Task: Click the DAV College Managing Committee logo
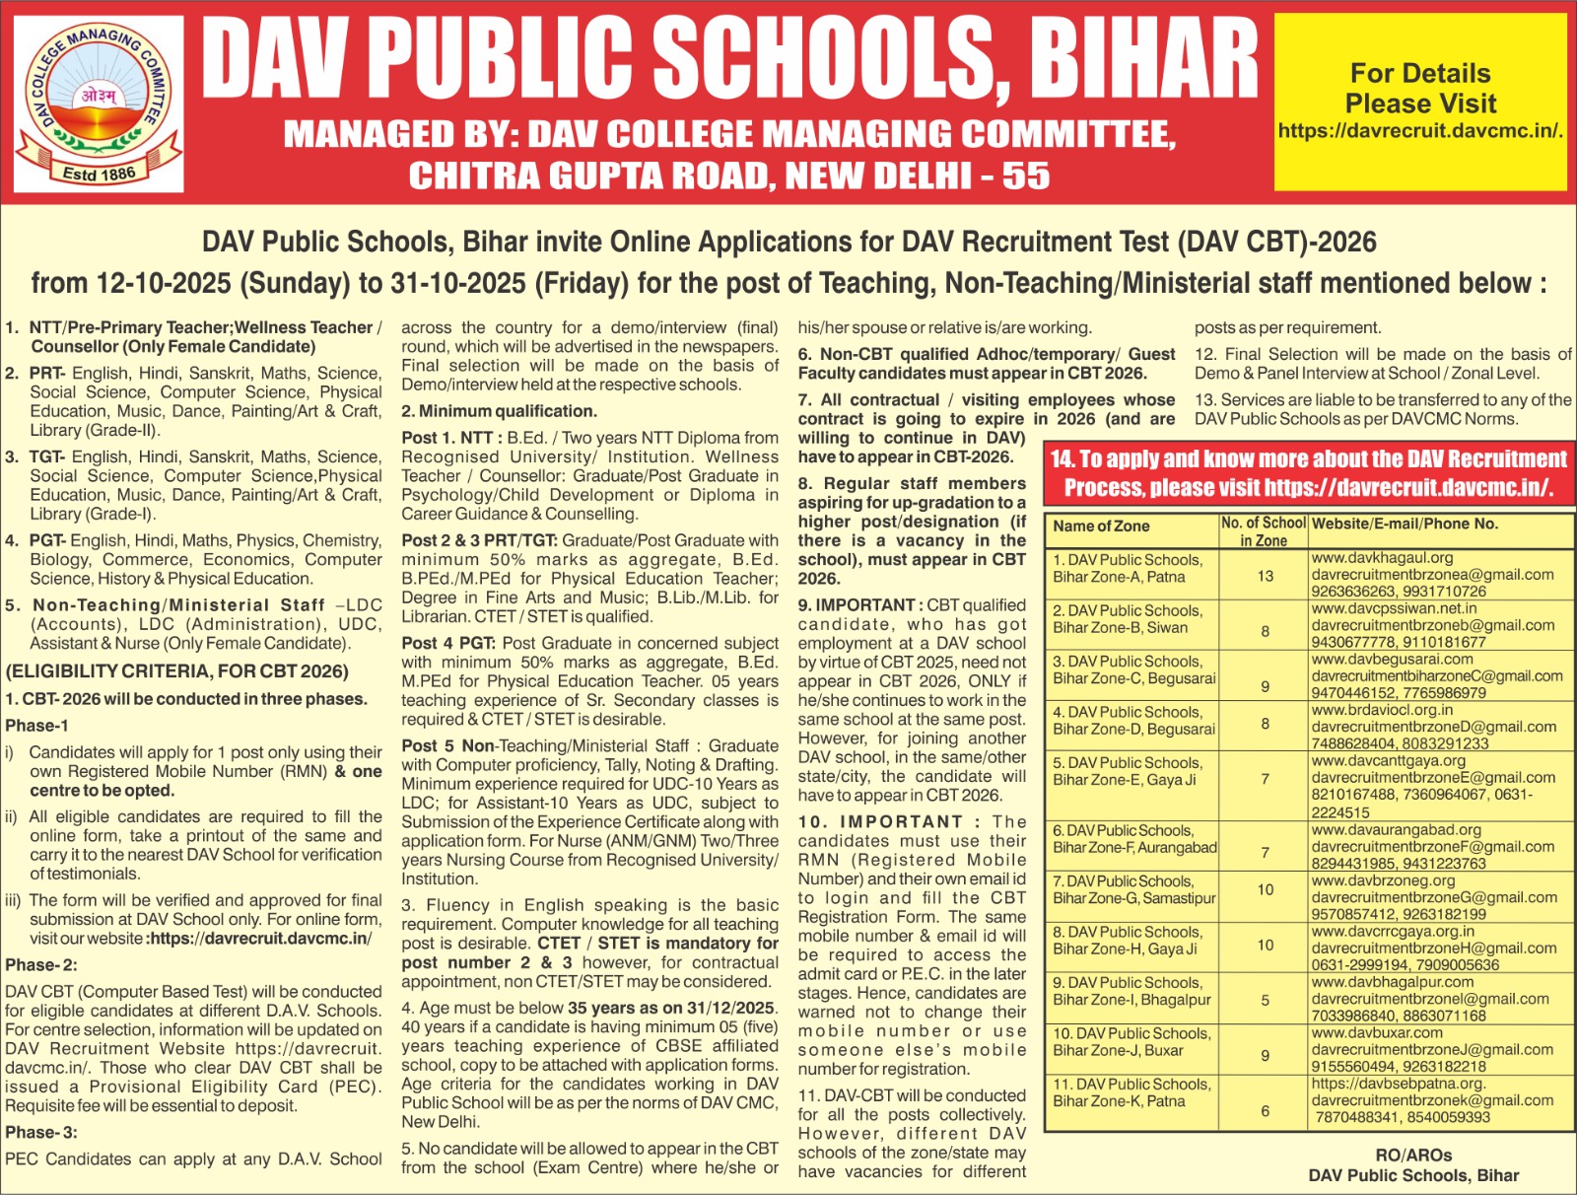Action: [100, 103]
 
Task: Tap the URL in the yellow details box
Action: [1420, 131]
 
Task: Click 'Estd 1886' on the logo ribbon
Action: [99, 174]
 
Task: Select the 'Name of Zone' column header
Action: [1101, 527]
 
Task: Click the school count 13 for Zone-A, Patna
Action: [1265, 576]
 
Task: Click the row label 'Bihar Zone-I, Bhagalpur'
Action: [1131, 1000]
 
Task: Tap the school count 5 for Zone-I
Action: [1266, 1001]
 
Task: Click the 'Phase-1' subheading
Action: [36, 726]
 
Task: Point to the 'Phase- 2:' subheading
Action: [41, 965]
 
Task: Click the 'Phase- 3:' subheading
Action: [41, 1133]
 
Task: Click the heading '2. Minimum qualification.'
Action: [499, 411]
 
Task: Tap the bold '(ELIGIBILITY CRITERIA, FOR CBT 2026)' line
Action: [177, 671]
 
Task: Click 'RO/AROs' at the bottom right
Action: [1413, 1155]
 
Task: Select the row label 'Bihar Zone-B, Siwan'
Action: [1120, 628]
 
